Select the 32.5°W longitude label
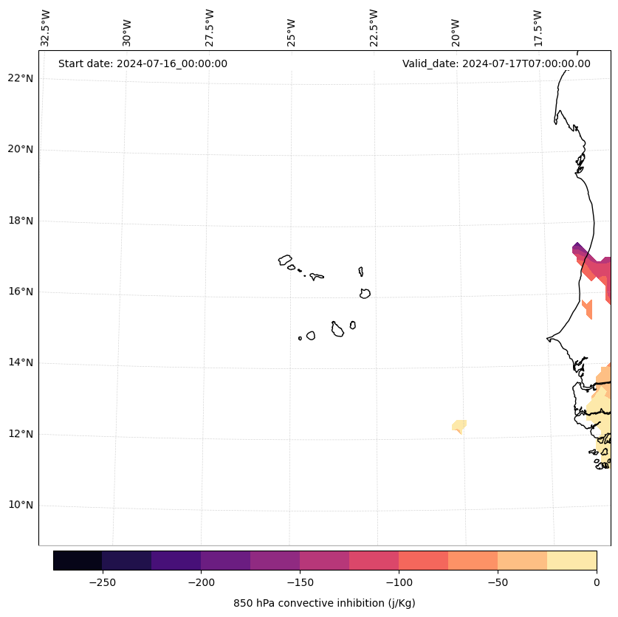tap(46, 28)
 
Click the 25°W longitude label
tap(292, 32)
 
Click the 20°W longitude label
tap(456, 32)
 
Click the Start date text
tap(143, 63)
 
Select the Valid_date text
tap(496, 63)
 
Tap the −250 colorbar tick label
tap(102, 582)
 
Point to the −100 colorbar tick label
tap(399, 582)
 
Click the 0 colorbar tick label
tap(597, 582)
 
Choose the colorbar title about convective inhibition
tap(324, 603)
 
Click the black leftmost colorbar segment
tap(78, 560)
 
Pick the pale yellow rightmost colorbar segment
tap(572, 560)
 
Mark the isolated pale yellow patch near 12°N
tap(459, 426)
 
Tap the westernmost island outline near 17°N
tap(285, 260)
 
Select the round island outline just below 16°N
tap(365, 293)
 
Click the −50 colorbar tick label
tap(498, 582)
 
